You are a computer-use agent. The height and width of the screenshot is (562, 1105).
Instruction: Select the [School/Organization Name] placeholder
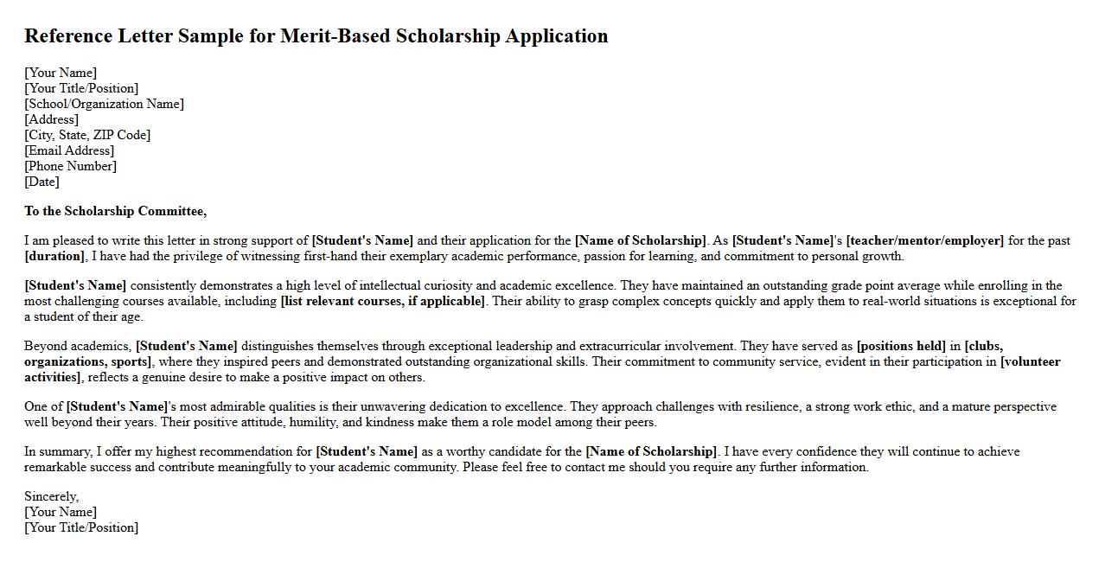104,104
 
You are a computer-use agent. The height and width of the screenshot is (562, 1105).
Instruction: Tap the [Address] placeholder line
51,119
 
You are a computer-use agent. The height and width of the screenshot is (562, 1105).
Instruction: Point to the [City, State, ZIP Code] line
87,135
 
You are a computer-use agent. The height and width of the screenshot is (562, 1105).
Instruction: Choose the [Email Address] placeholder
69,150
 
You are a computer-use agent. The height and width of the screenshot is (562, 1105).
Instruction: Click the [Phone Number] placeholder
70,166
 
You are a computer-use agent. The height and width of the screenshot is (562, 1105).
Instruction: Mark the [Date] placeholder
42,182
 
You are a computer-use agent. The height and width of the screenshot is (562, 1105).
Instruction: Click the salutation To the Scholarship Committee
115,211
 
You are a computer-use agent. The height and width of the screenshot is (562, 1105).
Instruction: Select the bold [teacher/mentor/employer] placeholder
924,240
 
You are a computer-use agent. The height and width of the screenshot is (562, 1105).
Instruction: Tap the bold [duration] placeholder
54,256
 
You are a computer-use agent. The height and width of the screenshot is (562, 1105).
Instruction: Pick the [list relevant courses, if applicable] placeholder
383,301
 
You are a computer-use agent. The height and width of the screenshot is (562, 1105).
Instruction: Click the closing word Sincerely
51,496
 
